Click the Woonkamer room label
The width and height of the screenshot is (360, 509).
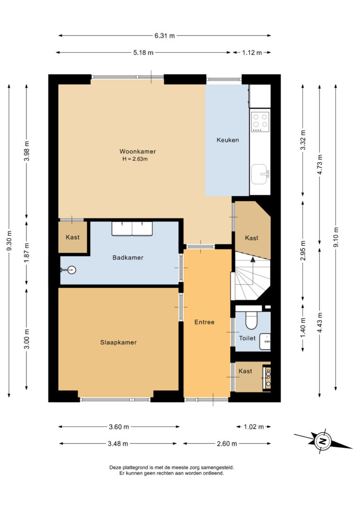point(138,151)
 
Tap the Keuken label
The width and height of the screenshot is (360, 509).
point(227,140)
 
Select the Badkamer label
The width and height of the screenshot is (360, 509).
point(128,257)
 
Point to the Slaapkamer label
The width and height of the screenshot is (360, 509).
point(118,342)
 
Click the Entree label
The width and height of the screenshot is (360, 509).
point(204,322)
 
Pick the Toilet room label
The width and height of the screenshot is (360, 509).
point(247,338)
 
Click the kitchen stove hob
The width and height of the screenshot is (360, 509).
point(261,122)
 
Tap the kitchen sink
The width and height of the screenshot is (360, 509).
point(260,174)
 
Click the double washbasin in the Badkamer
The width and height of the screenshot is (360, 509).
point(132,229)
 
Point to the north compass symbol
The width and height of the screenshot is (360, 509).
point(322,441)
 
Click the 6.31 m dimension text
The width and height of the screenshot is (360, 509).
point(165,36)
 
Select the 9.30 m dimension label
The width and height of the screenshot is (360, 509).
point(9,240)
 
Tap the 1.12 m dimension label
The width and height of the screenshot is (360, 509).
point(252,52)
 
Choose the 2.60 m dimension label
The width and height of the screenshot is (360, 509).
point(227,444)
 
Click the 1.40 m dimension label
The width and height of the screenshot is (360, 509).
point(303,327)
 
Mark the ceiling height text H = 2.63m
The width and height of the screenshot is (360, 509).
point(135,159)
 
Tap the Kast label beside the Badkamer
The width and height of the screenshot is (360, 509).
point(72,237)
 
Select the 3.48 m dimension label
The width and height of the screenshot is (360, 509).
point(118,444)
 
